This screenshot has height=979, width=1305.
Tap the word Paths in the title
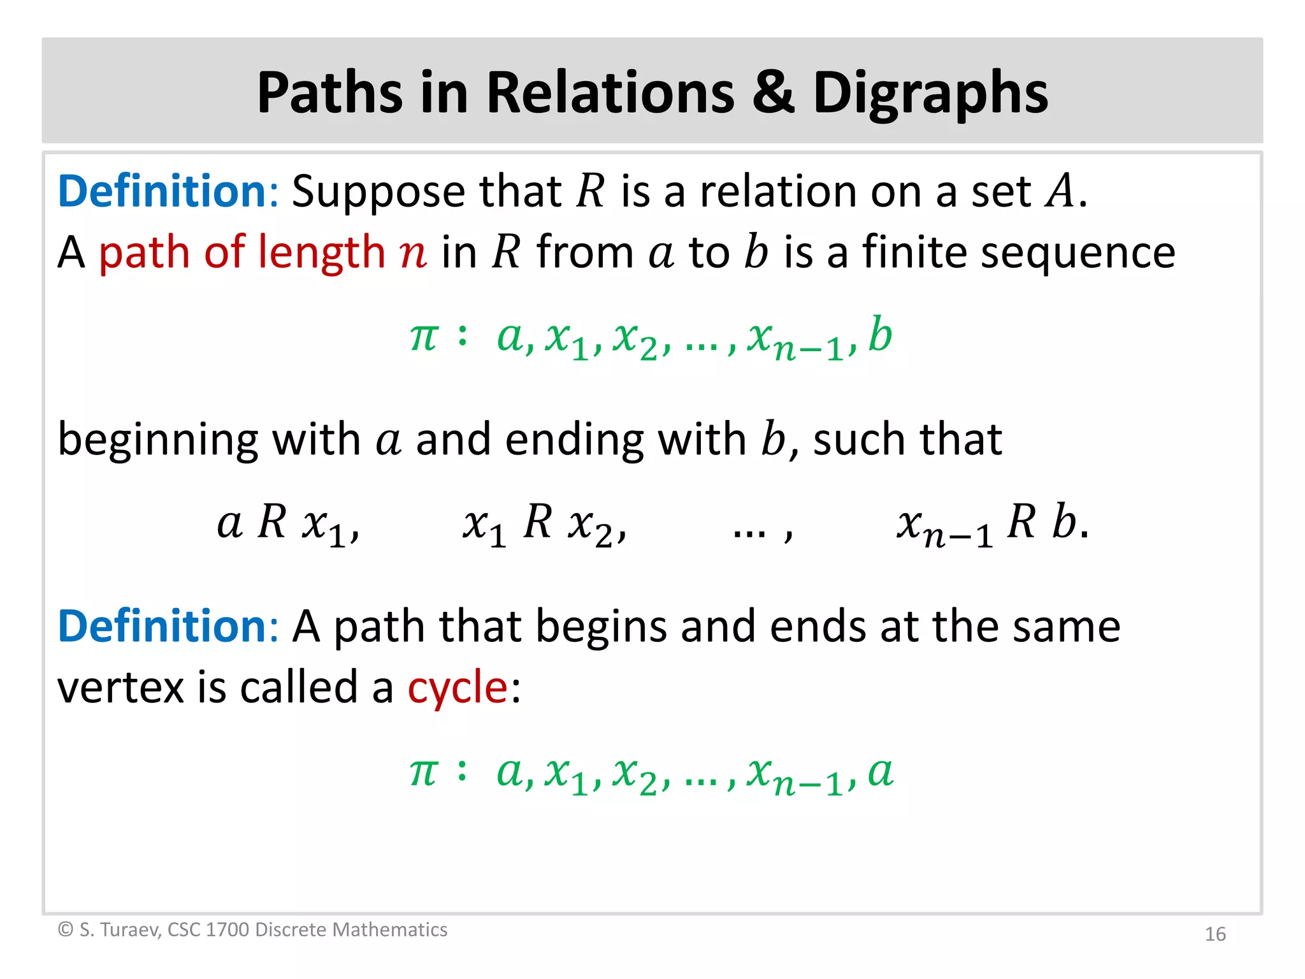point(329,93)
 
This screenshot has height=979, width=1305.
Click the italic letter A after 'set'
point(1060,191)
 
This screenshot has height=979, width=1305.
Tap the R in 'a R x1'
point(272,522)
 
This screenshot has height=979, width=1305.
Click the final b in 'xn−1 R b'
point(1064,522)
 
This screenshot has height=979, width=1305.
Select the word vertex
point(120,688)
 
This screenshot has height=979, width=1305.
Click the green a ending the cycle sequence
point(881,772)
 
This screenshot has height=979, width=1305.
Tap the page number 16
point(1215,934)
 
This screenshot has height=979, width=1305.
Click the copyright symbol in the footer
point(66,930)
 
